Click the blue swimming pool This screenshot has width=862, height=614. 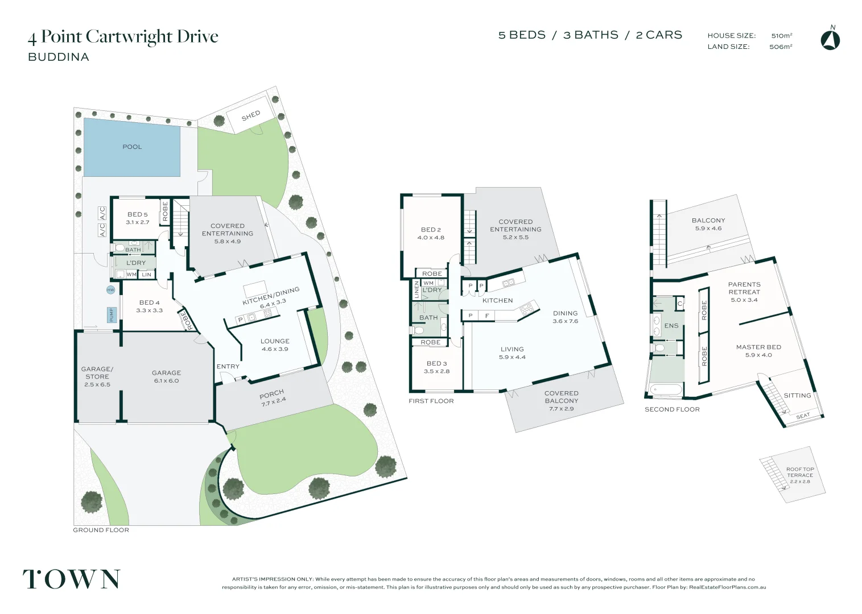(x=132, y=147)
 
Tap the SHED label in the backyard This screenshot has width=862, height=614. (x=250, y=116)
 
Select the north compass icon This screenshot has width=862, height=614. (x=830, y=40)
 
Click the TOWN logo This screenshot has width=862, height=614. (x=71, y=579)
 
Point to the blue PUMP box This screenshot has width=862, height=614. (x=112, y=314)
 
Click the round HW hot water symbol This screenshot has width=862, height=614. (x=110, y=290)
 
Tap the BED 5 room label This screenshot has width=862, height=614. (x=137, y=214)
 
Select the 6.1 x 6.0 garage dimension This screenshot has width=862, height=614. (x=166, y=381)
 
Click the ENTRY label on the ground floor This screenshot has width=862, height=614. (x=228, y=367)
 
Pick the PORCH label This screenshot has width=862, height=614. (x=271, y=394)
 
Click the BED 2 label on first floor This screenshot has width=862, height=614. (x=431, y=230)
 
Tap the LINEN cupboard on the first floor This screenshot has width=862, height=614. (x=416, y=289)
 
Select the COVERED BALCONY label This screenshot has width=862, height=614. (x=561, y=397)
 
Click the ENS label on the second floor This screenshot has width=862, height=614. (x=671, y=326)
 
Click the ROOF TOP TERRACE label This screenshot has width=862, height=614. (x=800, y=472)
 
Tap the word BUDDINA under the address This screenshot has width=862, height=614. (x=59, y=57)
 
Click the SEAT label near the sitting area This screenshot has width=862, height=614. (x=803, y=416)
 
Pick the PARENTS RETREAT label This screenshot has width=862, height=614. (x=744, y=288)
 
